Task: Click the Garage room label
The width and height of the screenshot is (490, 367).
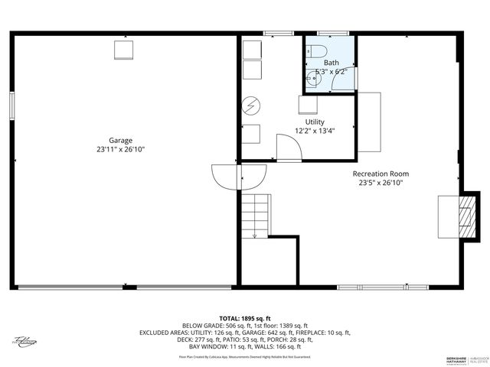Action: (x=120, y=140)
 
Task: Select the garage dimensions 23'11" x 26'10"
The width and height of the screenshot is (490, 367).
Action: (x=120, y=150)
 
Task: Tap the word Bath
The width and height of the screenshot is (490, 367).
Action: (x=331, y=63)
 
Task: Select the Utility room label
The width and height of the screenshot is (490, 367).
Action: (x=315, y=122)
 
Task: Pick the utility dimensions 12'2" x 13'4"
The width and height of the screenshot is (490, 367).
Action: (x=315, y=131)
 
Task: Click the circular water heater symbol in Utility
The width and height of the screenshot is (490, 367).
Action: (x=251, y=105)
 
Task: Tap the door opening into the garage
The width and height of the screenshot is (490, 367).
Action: (x=227, y=177)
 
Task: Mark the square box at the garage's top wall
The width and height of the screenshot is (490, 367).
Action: (x=124, y=50)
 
